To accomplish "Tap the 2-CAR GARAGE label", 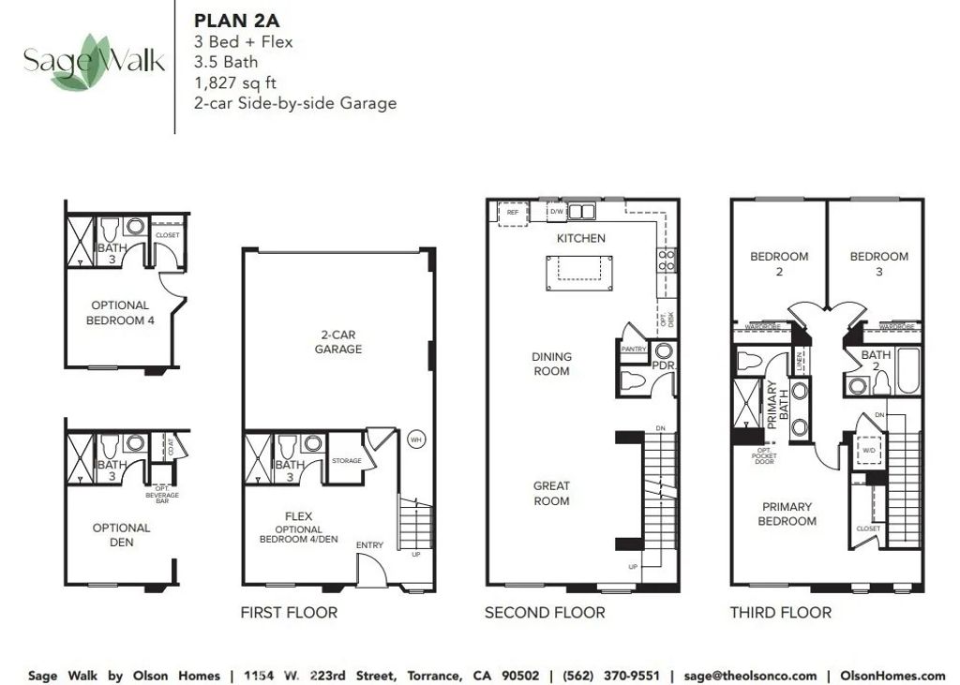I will (338, 341).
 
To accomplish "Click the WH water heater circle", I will (415, 438).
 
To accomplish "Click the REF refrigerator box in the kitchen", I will (512, 213).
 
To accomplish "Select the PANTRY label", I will (635, 349).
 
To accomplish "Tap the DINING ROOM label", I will (551, 364).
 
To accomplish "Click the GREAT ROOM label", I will (551, 493).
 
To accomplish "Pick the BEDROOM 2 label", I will (779, 263).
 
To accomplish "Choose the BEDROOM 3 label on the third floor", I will (878, 263).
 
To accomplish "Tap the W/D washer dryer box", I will (868, 450).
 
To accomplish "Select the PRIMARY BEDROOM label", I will (787, 514).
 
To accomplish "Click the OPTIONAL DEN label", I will (121, 534).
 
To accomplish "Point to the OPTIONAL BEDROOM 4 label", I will (120, 312).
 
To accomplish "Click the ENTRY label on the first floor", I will (369, 544).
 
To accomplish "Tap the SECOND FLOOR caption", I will (545, 613).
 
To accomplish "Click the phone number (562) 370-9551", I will (611, 676).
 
